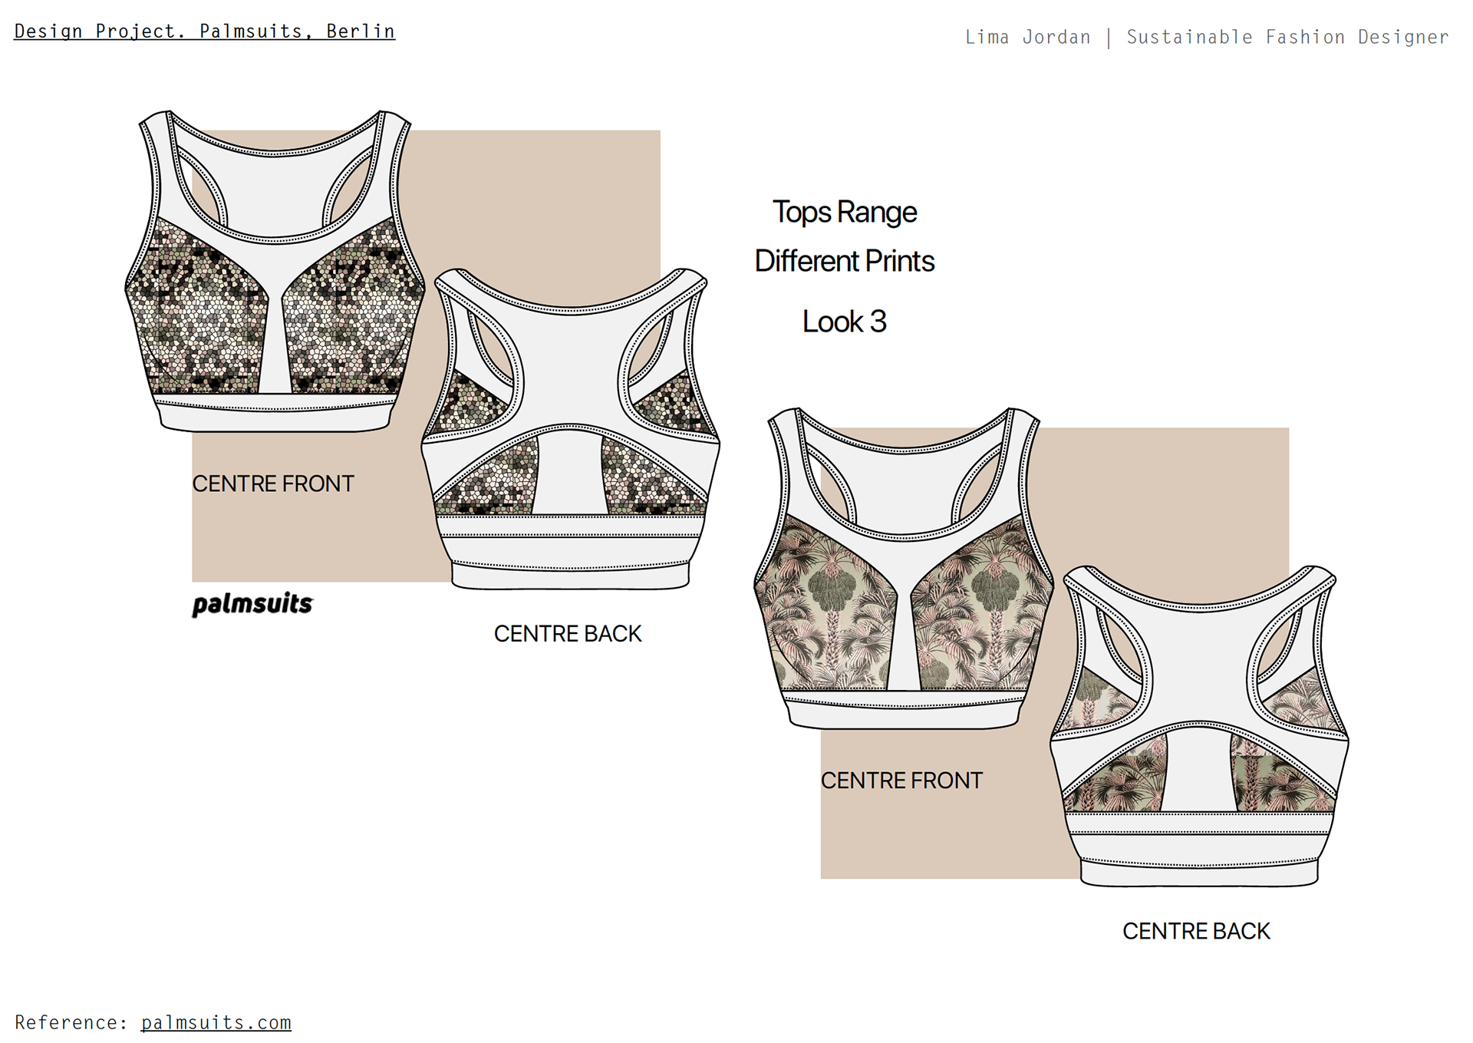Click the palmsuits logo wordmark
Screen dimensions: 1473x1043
[x=252, y=604]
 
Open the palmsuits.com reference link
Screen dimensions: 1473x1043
[x=216, y=1022]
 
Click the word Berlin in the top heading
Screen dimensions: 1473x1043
[x=361, y=31]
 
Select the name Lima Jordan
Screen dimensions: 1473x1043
[x=1028, y=37]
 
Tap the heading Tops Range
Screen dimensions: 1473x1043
[x=845, y=213]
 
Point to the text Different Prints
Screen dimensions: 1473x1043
[x=845, y=261]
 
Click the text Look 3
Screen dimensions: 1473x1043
[x=845, y=322]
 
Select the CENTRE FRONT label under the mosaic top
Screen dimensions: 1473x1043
[x=273, y=484]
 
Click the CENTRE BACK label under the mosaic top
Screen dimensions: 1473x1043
[x=568, y=633]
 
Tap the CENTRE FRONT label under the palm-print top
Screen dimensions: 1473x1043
[x=901, y=781]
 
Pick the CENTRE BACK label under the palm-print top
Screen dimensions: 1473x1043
[x=1197, y=931]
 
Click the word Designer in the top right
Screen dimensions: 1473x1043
[x=1403, y=37]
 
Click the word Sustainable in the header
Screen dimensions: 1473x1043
[x=1190, y=37]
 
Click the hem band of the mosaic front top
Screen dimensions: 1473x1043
[x=275, y=414]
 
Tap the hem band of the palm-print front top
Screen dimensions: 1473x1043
[x=904, y=711]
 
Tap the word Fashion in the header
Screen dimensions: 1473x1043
[x=1305, y=37]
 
